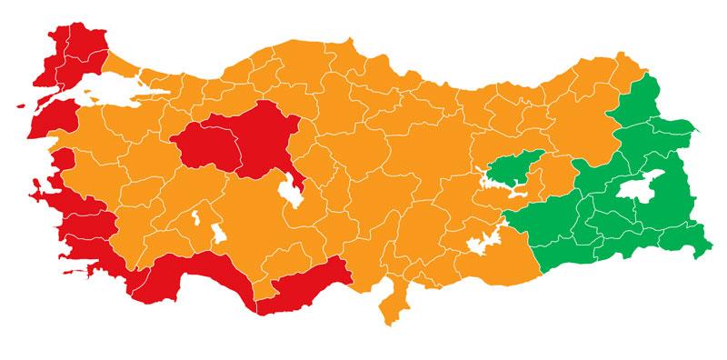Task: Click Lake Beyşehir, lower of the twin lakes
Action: pyautogui.click(x=218, y=235)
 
